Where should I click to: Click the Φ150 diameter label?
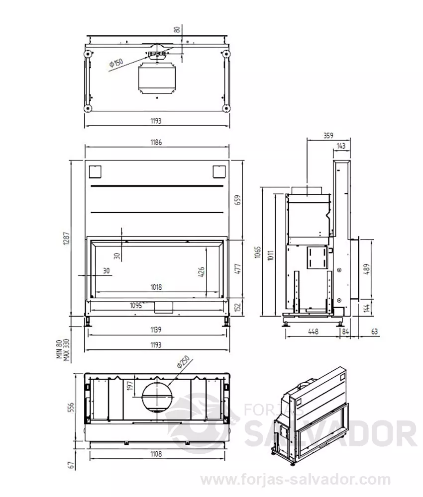tap(116, 62)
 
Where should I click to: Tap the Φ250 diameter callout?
tap(183, 362)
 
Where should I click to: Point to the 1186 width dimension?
tap(156, 142)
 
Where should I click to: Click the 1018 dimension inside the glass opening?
tap(156, 287)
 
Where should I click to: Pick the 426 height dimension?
tap(202, 272)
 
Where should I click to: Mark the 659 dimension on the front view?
tap(238, 200)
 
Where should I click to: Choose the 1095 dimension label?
tap(136, 306)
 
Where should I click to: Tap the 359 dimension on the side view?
tap(328, 135)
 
